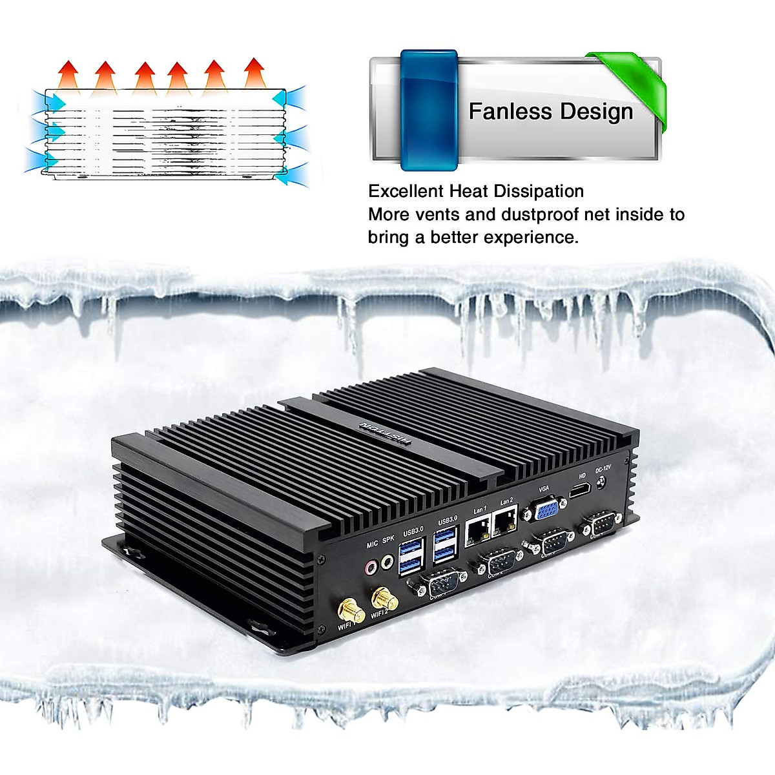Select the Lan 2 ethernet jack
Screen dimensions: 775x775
pos(505,522)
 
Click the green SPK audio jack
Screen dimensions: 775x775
pos(387,562)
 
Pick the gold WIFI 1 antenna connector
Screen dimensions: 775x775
pos(349,609)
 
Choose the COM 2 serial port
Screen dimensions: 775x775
pos(497,562)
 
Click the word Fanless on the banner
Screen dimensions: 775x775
pos(502,111)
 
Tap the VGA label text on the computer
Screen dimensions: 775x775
pos(543,488)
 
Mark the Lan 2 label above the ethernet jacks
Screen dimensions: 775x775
pos(506,501)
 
